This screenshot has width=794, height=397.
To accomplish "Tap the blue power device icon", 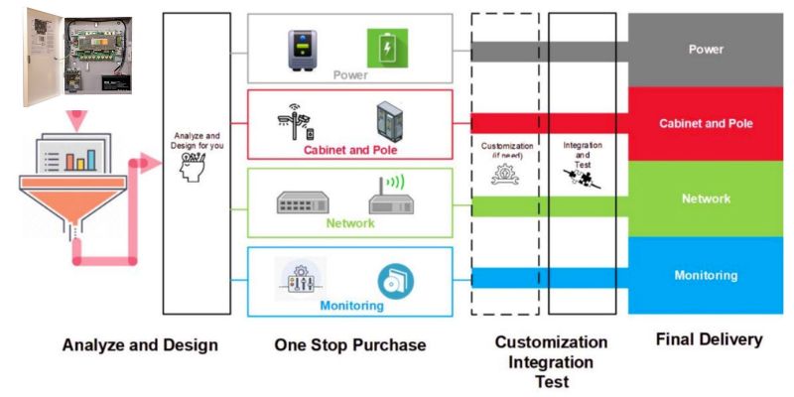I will tap(303, 48).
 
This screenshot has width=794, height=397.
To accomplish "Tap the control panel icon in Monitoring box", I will tap(302, 279).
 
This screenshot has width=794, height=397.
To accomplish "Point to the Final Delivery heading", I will tap(709, 339).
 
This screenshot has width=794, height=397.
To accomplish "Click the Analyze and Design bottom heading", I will tap(140, 344).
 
